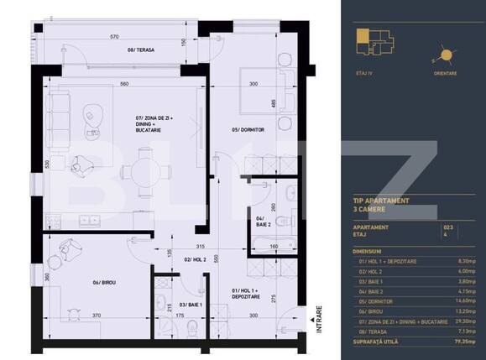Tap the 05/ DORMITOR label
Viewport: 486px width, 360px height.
248,129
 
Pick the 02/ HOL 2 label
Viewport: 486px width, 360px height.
195,260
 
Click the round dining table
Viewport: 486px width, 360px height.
144,172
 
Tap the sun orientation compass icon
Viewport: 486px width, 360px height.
445,55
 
